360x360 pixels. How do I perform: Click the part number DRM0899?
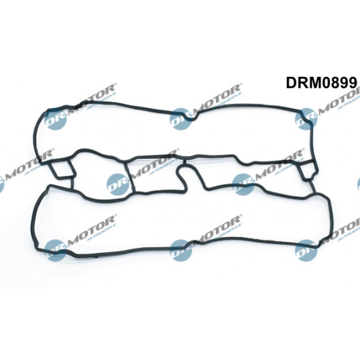click(x=321, y=82)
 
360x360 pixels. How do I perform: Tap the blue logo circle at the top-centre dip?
click(x=181, y=119)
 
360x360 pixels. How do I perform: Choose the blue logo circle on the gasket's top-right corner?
click(x=306, y=119)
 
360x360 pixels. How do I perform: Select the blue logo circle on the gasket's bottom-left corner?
click(x=55, y=250)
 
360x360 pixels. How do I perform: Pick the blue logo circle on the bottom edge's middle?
click(x=181, y=250)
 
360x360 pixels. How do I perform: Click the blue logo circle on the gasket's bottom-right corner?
click(x=306, y=250)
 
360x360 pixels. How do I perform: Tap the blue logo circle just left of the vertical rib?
click(x=118, y=185)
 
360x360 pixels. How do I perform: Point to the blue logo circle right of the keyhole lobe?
click(x=243, y=185)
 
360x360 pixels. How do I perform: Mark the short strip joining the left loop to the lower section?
click(x=72, y=183)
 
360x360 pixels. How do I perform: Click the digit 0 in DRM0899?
click(x=325, y=83)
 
